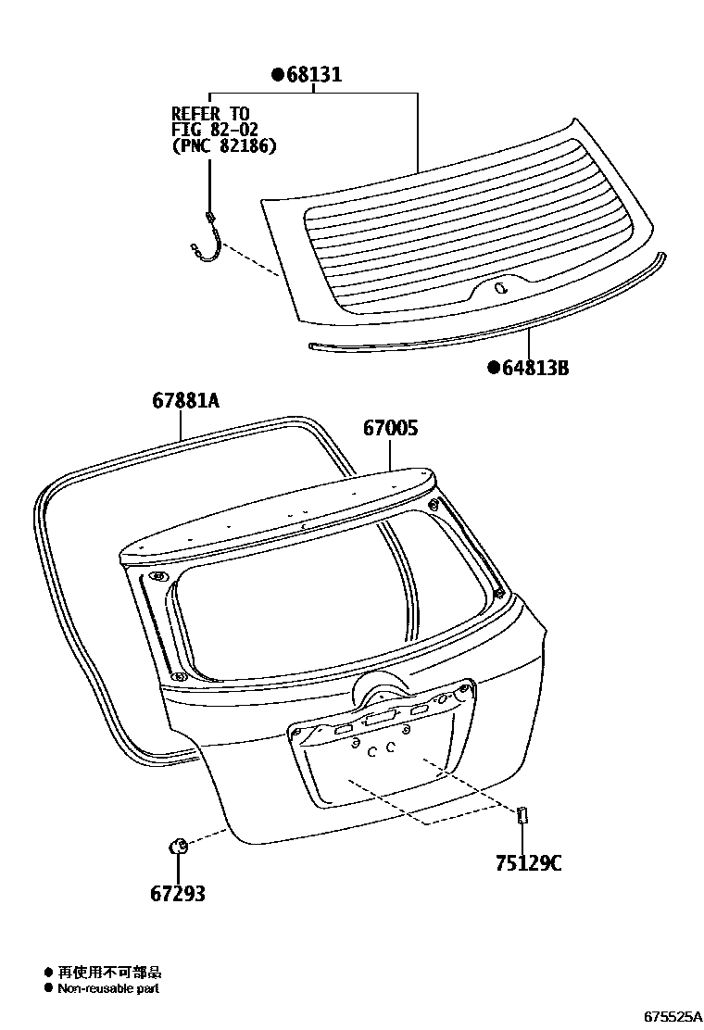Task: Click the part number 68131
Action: tap(313, 75)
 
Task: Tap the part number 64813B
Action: tap(534, 369)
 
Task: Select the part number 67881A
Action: tap(186, 401)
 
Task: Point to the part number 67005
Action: tap(390, 429)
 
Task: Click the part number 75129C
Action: tap(527, 864)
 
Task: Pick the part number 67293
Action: tap(177, 894)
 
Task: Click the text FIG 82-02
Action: tap(215, 130)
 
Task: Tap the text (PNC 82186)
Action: tap(224, 146)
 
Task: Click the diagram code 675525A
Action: tap(673, 1016)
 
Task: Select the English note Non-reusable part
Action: tap(108, 988)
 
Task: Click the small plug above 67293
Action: tap(177, 845)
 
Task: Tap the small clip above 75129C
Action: tap(521, 815)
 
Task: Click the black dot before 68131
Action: tap(276, 75)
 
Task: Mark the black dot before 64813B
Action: tap(495, 369)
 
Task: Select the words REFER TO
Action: tap(210, 114)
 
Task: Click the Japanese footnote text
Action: tap(109, 972)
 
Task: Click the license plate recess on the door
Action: tap(384, 755)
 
